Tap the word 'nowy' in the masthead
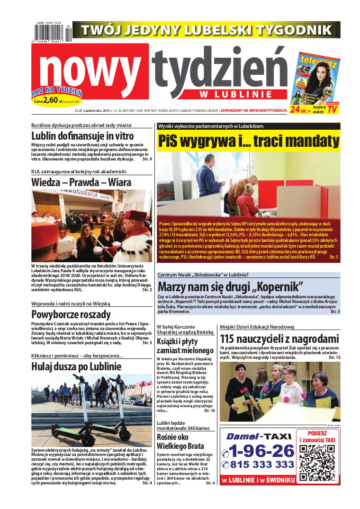point(95,72)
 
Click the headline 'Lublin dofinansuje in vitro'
point(83,136)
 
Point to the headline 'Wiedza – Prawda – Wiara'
point(81,182)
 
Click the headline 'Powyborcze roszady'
point(71,314)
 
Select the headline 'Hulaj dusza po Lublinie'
point(76,366)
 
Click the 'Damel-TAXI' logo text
point(258,437)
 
